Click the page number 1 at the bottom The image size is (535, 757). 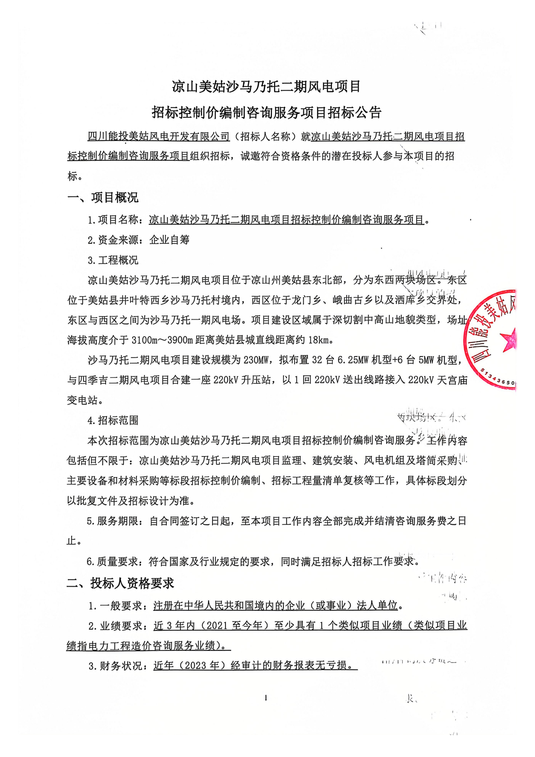click(265, 698)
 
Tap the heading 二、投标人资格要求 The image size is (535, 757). click(120, 583)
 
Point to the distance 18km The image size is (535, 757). click(318, 340)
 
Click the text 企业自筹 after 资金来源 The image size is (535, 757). click(169, 240)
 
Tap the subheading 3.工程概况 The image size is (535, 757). click(113, 260)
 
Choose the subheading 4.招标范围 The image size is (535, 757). click(113, 420)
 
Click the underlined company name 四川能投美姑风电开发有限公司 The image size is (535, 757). click(159, 137)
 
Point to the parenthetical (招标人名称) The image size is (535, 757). click(265, 137)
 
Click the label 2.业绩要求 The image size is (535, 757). click(115, 626)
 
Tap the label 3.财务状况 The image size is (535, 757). click(115, 666)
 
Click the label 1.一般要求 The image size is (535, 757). click(115, 606)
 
